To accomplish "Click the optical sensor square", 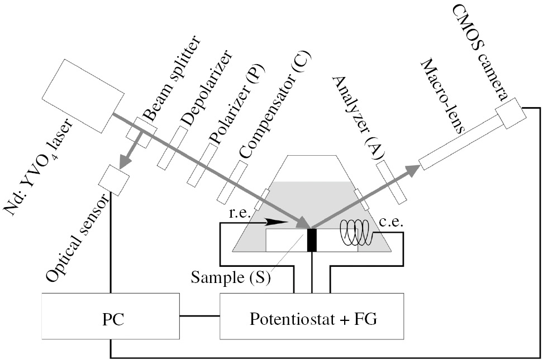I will pyautogui.click(x=113, y=180).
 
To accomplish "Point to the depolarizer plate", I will pyautogui.click(x=172, y=147).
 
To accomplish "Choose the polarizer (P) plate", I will pyautogui.click(x=202, y=165).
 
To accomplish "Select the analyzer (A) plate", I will pyautogui.click(x=392, y=182).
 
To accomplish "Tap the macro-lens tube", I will pyautogui.click(x=459, y=141).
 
